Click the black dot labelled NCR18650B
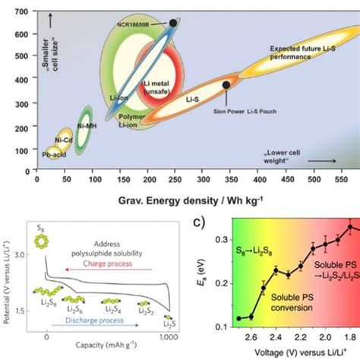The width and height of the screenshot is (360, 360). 173,24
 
